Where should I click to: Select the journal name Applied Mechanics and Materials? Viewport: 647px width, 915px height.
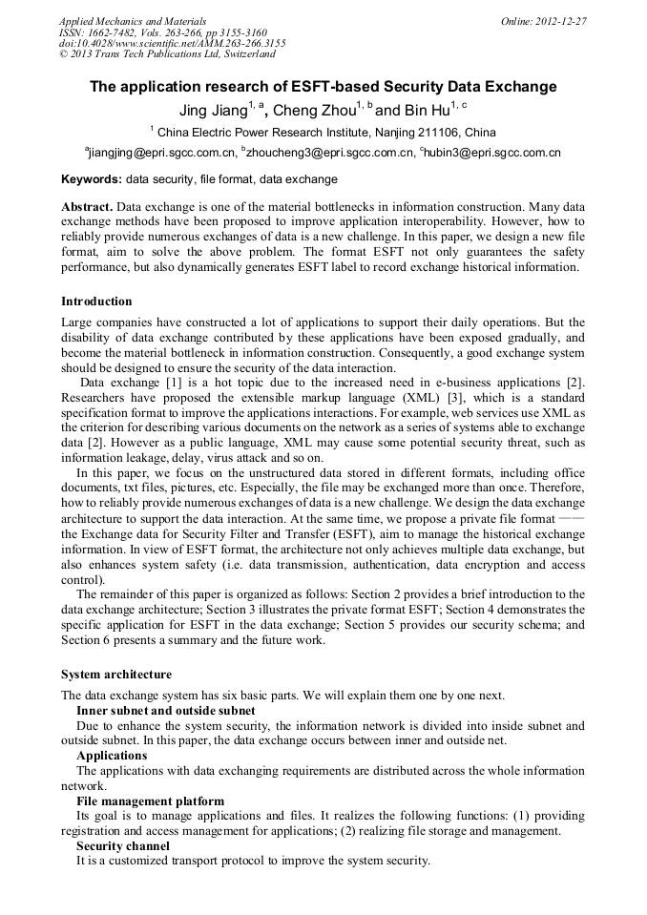(133, 20)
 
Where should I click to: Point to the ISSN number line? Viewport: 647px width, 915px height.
(162, 31)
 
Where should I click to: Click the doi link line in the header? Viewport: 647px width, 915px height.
(172, 43)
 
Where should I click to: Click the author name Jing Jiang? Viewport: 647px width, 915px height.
(212, 111)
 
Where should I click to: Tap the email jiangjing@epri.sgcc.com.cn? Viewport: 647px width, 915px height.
(163, 153)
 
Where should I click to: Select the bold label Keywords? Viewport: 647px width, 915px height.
(92, 179)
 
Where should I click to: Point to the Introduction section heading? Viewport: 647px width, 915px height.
(96, 302)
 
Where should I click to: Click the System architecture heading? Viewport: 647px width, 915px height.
(116, 675)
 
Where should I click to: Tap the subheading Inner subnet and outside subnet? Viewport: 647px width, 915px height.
(165, 710)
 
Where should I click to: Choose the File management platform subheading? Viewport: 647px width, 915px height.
(150, 801)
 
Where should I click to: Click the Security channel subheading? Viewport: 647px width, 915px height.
(123, 845)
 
